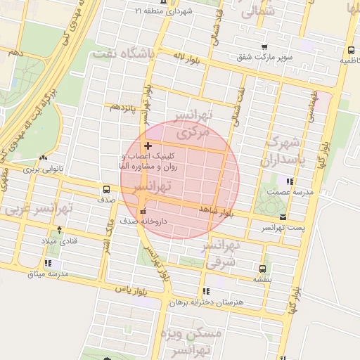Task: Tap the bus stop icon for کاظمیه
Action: click(x=350, y=50)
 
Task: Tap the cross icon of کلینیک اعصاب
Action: click(x=147, y=145)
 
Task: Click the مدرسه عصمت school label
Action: click(x=283, y=192)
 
